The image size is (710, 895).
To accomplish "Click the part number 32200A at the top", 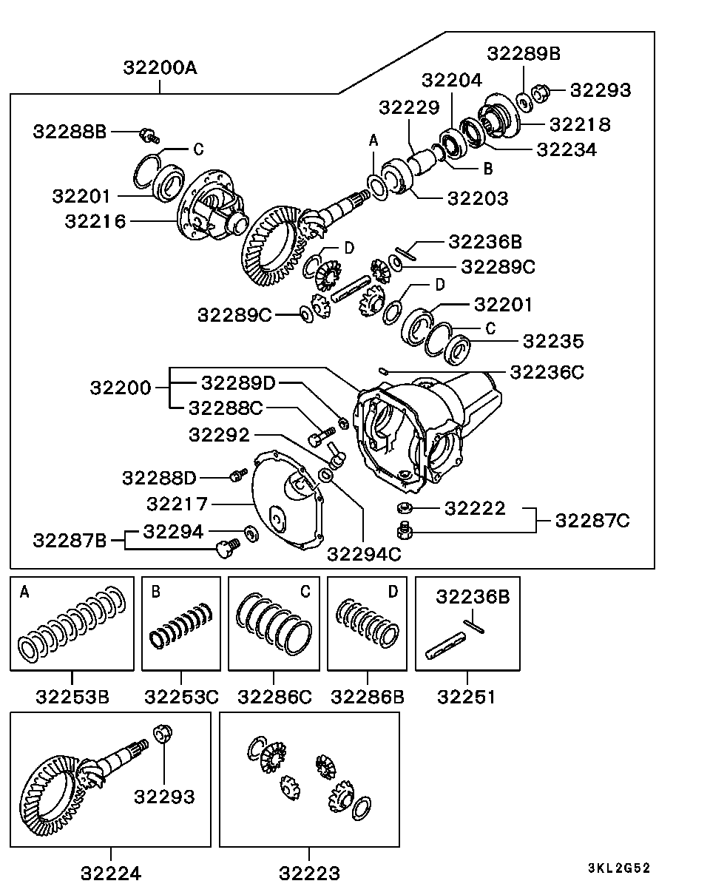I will [160, 68].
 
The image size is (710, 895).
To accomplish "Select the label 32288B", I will [70, 132].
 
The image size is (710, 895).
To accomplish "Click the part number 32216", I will [95, 220].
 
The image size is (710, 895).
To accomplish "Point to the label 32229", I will [409, 107].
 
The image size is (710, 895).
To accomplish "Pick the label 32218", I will [581, 124].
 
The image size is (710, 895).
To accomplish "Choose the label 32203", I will [478, 198].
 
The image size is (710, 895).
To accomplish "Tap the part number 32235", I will [552, 341].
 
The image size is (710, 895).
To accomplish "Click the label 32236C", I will [547, 372].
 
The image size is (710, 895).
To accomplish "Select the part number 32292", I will [219, 434].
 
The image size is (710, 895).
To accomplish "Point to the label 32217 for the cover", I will [177, 504].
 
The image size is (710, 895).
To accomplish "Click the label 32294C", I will [364, 553].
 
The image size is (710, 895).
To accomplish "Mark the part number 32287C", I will [592, 521].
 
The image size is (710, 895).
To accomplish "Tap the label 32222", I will [475, 507].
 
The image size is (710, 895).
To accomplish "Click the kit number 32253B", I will [72, 696].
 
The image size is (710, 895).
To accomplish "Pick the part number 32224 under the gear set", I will [111, 873].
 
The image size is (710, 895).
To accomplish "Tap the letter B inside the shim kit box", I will [155, 592].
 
